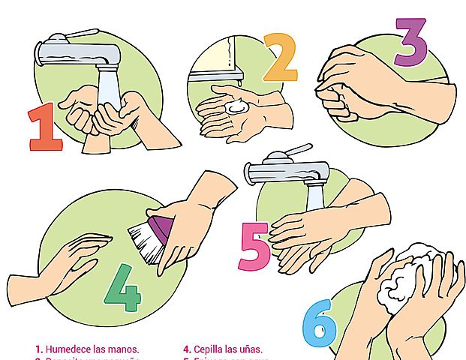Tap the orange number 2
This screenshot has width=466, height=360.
click(281, 57)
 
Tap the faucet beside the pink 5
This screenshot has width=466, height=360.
click(289, 169)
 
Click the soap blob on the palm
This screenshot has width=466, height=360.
click(239, 108)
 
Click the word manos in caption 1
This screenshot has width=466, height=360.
click(124, 349)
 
